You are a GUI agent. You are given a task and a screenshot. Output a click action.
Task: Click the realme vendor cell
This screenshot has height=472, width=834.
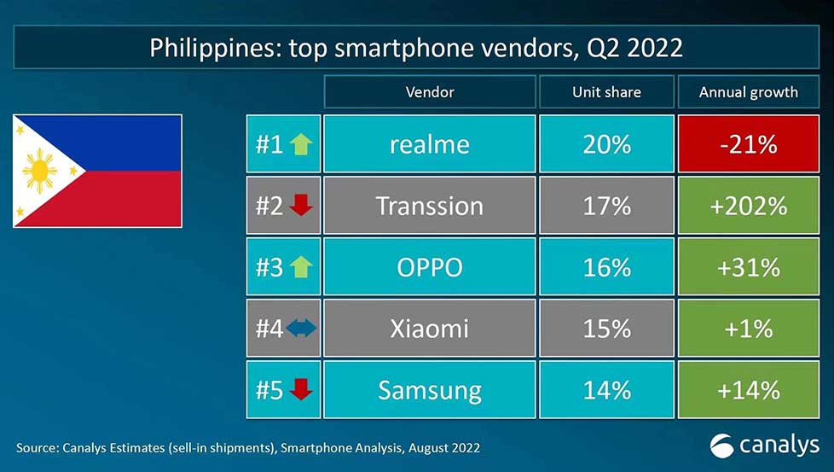430,143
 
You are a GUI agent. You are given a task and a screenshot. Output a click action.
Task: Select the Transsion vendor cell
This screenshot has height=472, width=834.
430,206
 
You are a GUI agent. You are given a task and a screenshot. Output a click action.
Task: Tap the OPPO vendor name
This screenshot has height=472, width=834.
430,267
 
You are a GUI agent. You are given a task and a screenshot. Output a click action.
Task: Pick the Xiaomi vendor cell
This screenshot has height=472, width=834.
430,329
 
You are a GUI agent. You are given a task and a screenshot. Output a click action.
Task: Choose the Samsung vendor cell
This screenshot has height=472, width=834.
430,390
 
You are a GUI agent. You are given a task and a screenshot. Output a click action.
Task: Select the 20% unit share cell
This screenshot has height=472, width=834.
606,143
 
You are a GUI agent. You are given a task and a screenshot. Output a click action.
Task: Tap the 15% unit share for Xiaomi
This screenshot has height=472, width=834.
606,329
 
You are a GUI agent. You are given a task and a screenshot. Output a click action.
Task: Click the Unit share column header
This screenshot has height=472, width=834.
606,92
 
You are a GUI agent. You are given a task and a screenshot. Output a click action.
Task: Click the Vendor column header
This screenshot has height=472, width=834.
430,92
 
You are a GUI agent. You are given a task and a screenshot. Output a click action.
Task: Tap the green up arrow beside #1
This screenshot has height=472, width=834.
301,144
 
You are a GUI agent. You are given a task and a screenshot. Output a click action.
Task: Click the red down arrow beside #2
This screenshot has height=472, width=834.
301,206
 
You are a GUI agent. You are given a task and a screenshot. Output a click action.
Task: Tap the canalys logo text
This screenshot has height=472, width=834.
777,445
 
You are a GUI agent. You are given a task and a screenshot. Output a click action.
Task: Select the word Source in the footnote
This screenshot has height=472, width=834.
35,447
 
